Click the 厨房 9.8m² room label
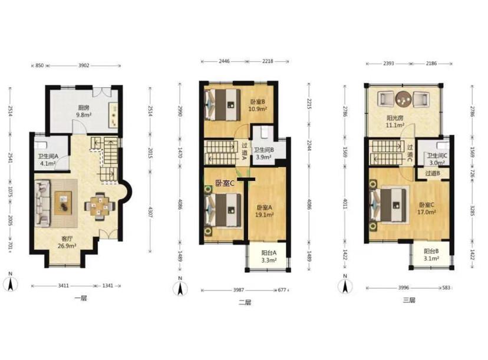pos(84,111)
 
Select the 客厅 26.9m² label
pos(67,242)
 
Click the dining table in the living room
pos(100,207)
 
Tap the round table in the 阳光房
pos(403,99)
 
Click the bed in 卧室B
pos(223,105)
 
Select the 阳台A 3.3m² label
pos(269,256)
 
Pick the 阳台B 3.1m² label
pos(431,255)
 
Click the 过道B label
pos(433,173)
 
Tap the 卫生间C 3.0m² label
pos(437,159)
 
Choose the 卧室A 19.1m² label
pos(264,211)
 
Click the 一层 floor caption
pos(81,298)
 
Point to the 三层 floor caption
pos(409,300)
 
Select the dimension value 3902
pos(84,65)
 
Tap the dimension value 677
pos(282,290)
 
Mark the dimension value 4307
pos(150,212)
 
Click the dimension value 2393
pos(388,64)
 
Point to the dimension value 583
pos(446,288)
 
